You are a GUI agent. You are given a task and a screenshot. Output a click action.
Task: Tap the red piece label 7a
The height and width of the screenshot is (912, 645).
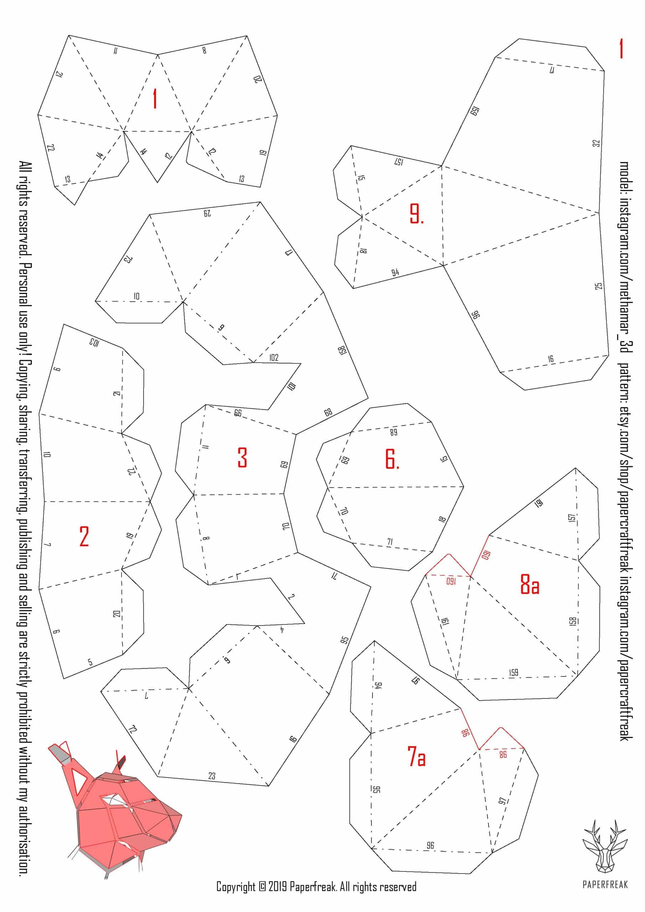coord(417,756)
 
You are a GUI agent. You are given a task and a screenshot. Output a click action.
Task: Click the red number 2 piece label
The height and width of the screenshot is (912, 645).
coord(84,536)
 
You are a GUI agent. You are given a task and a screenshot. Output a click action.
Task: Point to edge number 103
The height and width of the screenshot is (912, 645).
coord(94,342)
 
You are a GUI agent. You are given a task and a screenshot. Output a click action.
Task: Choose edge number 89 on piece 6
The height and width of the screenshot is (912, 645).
coord(393,432)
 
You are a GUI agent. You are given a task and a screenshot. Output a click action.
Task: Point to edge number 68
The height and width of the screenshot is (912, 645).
coord(328,412)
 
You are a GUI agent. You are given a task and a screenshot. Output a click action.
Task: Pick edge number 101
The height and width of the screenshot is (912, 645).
coord(292,386)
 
